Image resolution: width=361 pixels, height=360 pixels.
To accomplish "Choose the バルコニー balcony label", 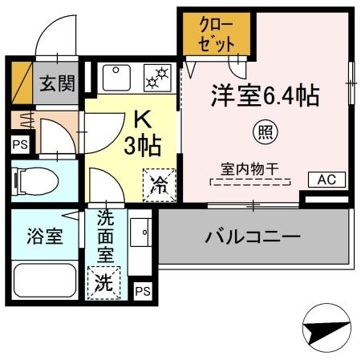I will [x=252, y=237].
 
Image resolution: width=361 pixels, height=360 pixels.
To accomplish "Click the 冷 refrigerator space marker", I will [x=157, y=186].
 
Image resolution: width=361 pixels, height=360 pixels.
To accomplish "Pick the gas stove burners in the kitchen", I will [x=157, y=78].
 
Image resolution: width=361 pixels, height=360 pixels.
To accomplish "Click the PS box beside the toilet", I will [x=19, y=145].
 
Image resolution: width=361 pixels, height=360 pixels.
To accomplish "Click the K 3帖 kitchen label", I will [x=143, y=135].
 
